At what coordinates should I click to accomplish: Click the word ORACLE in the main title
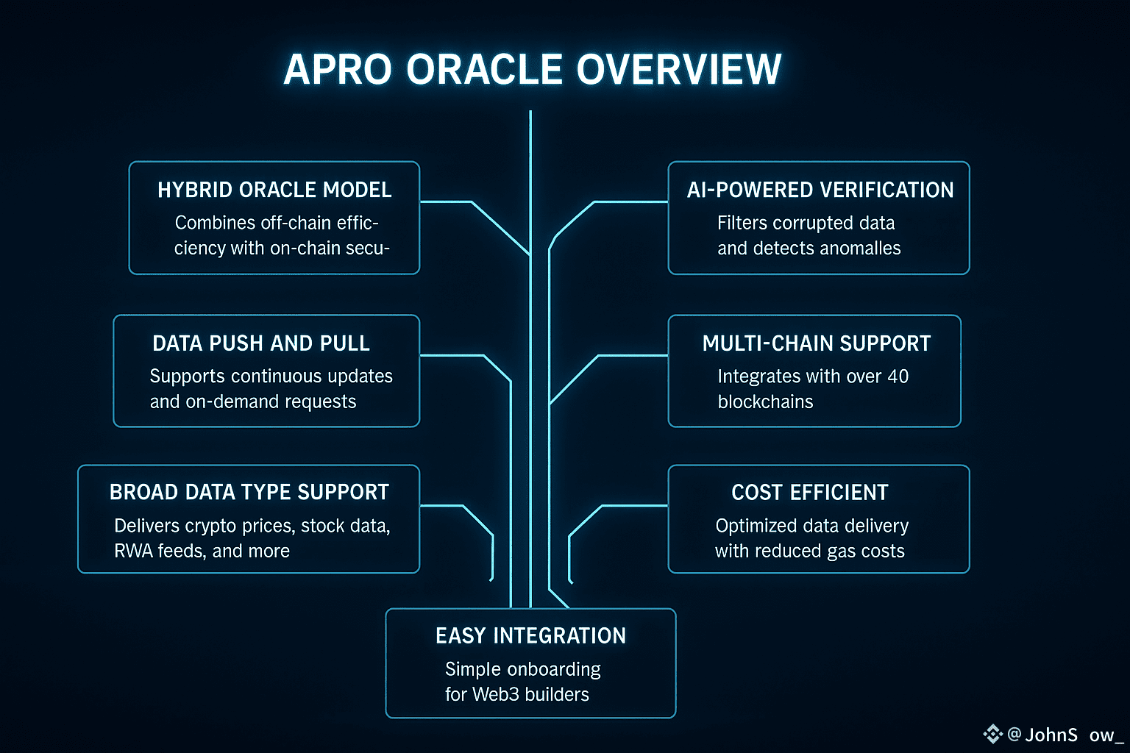point(485,70)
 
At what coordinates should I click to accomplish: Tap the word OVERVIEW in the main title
point(678,70)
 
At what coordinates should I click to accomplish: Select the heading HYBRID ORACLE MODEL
point(274,190)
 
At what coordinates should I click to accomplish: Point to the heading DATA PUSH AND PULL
point(261,343)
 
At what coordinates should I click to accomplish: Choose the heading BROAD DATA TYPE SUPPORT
point(249,492)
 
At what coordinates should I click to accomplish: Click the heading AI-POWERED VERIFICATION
point(820,190)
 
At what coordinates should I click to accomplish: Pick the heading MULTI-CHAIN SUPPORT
point(817,343)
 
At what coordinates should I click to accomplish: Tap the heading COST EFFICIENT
point(810,492)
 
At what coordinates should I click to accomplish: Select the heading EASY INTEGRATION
point(530,635)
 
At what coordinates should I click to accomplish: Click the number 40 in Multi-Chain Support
point(898,376)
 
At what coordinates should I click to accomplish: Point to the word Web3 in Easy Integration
point(500,694)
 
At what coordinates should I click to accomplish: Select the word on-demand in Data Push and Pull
point(234,402)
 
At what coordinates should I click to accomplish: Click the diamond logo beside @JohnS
point(992,733)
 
